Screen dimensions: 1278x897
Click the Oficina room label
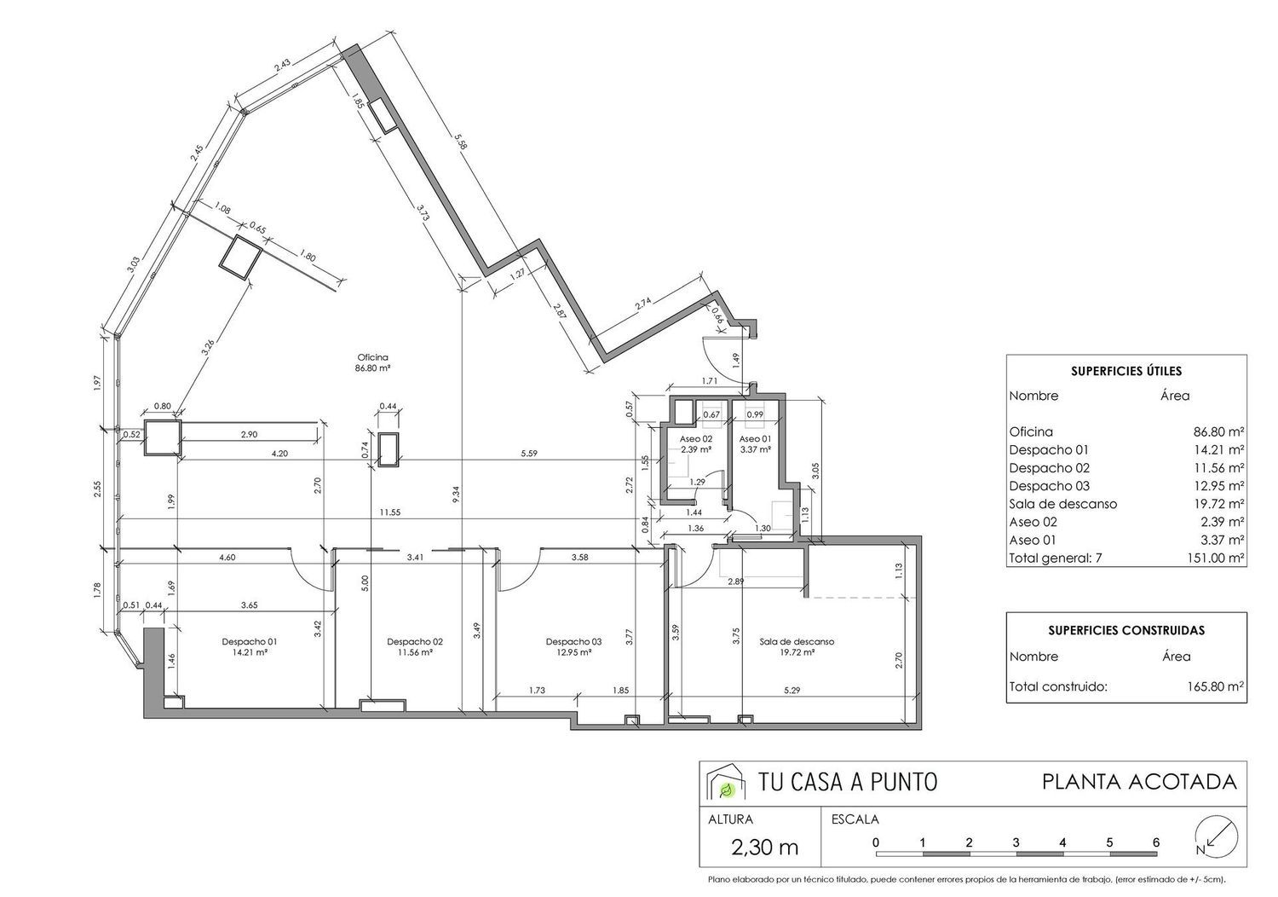372,357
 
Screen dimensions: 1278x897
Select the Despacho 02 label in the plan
414,642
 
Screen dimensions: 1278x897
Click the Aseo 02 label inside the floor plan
696,439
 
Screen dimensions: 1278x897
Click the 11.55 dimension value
389,512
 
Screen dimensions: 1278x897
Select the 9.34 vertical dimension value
455,495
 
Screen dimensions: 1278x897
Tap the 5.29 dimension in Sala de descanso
792,691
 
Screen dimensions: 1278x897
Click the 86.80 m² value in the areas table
1218,431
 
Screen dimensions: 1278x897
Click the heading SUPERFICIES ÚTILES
1126,371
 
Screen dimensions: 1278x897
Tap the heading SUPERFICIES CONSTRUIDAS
1126,630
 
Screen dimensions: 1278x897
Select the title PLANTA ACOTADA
1139,782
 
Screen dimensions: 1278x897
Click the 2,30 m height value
764,848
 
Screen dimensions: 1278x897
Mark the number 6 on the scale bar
1156,842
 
